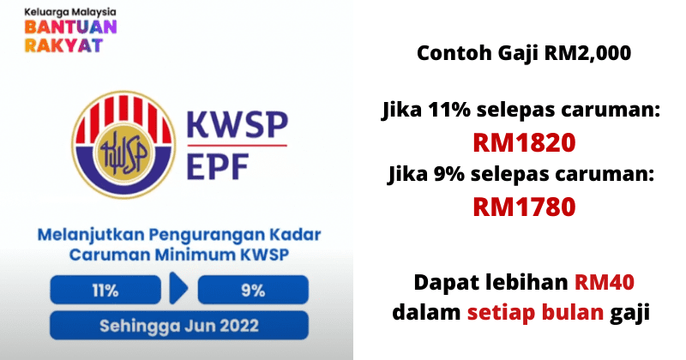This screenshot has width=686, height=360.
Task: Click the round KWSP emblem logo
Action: (123, 144)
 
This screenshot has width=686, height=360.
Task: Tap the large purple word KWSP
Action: (238, 125)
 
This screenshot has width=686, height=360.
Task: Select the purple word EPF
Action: (218, 166)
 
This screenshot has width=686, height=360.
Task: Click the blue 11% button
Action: (105, 290)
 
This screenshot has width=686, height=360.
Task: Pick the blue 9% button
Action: (253, 290)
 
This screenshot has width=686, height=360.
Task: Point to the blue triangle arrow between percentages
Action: (178, 288)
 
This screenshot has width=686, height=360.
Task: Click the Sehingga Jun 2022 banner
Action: (179, 326)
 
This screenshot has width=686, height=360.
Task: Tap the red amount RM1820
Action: (524, 142)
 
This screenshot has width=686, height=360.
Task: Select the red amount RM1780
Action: (524, 207)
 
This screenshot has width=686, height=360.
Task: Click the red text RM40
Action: (605, 282)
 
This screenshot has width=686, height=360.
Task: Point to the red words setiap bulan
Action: (535, 312)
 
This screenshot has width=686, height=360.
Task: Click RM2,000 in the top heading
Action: (587, 53)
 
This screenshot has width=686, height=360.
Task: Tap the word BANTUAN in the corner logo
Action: (70, 27)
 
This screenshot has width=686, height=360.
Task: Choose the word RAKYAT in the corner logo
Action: (63, 45)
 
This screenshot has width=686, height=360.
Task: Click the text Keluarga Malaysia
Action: (70, 12)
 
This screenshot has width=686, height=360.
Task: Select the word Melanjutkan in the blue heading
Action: (91, 236)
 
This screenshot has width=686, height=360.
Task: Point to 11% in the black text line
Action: (449, 110)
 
